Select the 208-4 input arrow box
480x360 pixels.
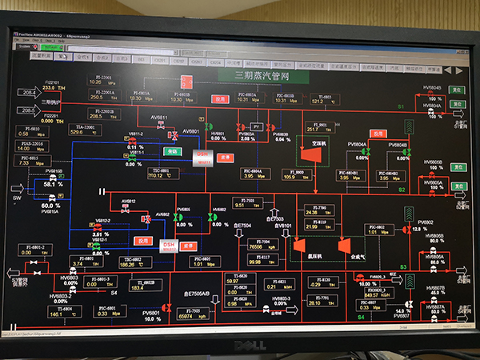tap(30, 93)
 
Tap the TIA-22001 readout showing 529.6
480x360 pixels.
tap(79, 130)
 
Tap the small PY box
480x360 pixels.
tap(257, 126)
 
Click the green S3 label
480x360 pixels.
tap(403, 266)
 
